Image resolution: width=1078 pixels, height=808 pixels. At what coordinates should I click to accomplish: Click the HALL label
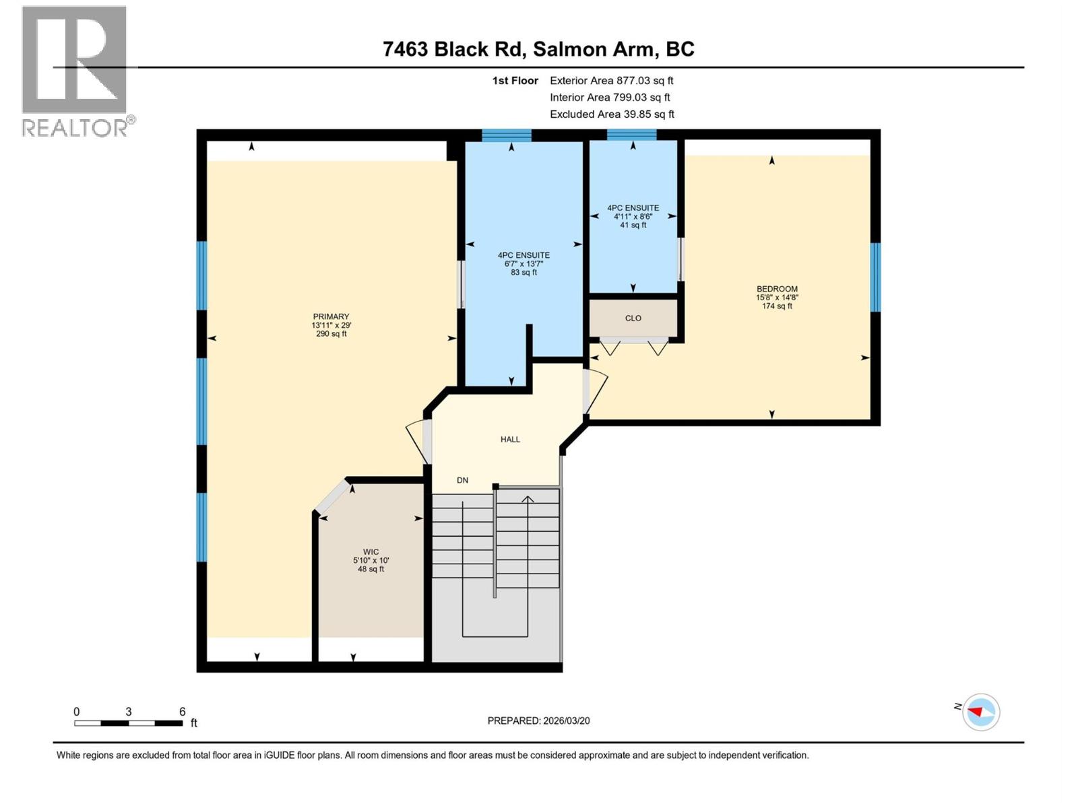[x=510, y=439]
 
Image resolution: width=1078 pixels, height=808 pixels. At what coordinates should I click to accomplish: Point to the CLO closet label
[x=633, y=318]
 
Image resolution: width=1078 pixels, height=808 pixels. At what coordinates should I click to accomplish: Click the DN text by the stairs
[x=462, y=480]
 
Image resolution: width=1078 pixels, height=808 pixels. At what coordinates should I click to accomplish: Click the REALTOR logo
[x=75, y=71]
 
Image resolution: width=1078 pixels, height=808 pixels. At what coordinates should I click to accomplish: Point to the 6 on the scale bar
[x=182, y=712]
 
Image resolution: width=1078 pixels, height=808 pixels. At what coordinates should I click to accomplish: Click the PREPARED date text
[x=538, y=720]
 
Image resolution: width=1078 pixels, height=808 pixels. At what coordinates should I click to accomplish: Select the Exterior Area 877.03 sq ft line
[x=611, y=80]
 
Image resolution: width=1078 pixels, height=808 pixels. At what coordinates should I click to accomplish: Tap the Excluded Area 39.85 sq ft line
[x=611, y=114]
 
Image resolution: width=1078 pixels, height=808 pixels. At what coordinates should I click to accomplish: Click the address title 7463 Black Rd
[x=538, y=49]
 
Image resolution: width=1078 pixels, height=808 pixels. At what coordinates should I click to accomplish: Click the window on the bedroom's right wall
[x=875, y=277]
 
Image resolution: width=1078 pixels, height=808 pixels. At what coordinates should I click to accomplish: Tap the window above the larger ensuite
[x=507, y=135]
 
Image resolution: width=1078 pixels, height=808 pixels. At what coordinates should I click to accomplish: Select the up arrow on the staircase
[x=528, y=500]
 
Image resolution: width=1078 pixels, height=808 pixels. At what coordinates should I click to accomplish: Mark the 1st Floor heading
[x=515, y=80]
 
